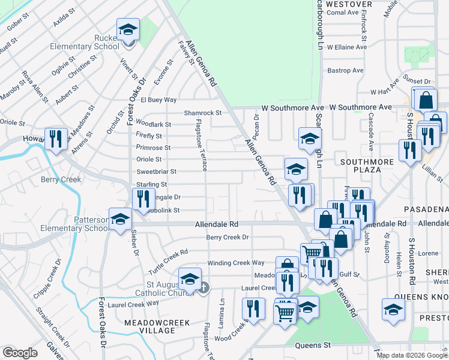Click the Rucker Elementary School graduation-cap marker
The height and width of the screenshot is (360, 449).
127,31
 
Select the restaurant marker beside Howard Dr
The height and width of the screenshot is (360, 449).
53,139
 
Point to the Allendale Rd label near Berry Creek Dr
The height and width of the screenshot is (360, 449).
217,224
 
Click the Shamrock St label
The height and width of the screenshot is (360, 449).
202,112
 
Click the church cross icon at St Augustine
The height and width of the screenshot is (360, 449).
203,288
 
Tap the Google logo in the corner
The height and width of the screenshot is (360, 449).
20,353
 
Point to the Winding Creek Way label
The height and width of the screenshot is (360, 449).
236,263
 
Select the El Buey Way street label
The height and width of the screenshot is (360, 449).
158,100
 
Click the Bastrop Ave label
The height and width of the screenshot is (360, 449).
345,70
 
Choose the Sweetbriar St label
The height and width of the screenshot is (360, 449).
157,172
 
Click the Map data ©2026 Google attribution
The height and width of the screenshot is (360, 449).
412,355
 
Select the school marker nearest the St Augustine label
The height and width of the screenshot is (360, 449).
190,279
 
